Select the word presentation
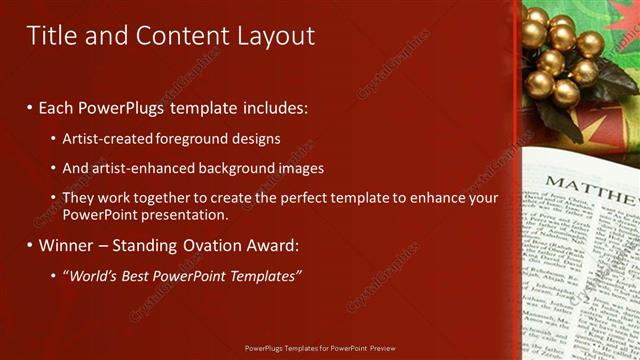pos(187,215)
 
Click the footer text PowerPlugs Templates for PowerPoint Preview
pos(320,349)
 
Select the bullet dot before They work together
pos(52,198)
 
